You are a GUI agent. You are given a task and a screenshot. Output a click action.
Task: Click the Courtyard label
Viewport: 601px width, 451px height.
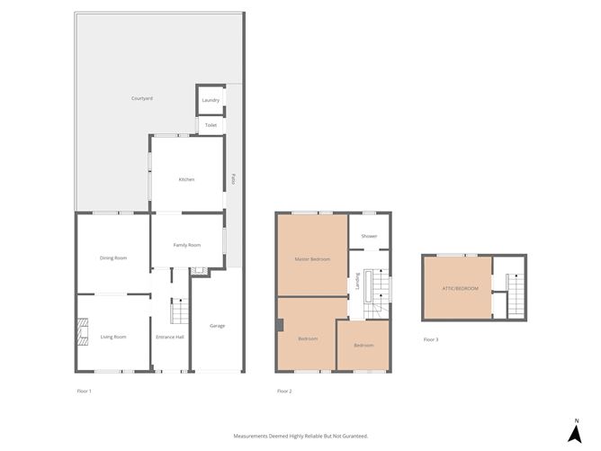point(141,97)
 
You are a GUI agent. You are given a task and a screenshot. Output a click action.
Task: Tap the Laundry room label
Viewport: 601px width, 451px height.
point(211,100)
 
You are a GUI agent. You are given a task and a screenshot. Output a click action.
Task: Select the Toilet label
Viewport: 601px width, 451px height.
point(211,125)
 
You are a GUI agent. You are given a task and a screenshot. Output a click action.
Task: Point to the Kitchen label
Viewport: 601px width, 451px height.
point(186,179)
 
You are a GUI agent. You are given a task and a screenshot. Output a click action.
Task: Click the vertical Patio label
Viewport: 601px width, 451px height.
point(232,178)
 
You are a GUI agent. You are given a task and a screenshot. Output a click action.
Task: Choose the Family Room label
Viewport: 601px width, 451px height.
point(186,245)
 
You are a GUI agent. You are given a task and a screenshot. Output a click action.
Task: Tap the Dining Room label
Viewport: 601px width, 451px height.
point(112,258)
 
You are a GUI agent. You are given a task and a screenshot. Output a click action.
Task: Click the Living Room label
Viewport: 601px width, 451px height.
point(112,337)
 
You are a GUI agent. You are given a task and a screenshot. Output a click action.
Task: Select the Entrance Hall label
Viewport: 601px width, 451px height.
point(169,337)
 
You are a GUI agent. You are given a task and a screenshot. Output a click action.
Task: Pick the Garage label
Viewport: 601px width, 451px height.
point(217,325)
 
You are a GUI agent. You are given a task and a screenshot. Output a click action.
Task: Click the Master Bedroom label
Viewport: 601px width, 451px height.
point(312,259)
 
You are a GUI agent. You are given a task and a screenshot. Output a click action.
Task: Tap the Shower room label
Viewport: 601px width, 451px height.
point(369,237)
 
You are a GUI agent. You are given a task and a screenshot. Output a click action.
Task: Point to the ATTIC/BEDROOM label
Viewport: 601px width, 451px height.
point(460,288)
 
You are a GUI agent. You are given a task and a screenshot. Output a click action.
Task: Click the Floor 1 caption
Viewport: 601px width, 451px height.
point(84,391)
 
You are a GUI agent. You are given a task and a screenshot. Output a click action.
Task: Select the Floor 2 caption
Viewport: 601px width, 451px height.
point(284,391)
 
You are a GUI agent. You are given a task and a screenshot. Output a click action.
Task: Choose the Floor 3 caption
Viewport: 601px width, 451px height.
point(431,339)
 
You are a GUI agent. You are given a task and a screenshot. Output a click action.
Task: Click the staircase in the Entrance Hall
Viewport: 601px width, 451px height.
point(177,311)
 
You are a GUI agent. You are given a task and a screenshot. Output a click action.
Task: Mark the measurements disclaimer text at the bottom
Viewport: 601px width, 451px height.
point(300,436)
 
